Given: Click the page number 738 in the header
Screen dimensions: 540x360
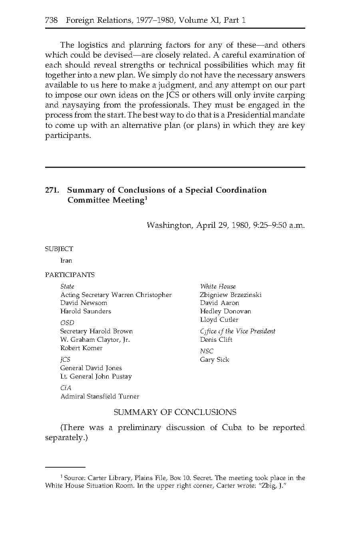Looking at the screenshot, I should (x=51, y=20).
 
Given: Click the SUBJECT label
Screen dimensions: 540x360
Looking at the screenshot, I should (x=59, y=249).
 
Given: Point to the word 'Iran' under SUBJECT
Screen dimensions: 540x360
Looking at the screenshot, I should (x=66, y=261).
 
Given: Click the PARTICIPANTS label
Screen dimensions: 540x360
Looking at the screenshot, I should (x=70, y=275).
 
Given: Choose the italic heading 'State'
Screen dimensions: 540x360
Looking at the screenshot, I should (x=67, y=286).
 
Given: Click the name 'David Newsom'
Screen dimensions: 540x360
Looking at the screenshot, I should (x=84, y=303).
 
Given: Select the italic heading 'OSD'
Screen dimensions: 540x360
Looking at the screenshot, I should (x=67, y=323).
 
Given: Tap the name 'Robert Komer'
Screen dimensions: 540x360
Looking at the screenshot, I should (x=81, y=348).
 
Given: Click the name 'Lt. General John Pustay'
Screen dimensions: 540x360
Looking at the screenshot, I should (x=96, y=377).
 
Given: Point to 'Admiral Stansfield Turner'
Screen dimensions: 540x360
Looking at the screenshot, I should (x=100, y=397).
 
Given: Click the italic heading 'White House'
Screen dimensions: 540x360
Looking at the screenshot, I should (x=218, y=286).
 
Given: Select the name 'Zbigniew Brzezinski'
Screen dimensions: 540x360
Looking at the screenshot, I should (x=231, y=295).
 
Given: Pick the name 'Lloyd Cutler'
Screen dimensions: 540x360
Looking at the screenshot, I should (x=219, y=320).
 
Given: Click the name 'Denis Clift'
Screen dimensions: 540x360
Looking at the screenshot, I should (x=216, y=340).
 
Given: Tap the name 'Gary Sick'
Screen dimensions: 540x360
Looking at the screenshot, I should (x=215, y=360).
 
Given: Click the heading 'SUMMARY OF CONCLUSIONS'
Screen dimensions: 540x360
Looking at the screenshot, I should (x=175, y=412).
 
